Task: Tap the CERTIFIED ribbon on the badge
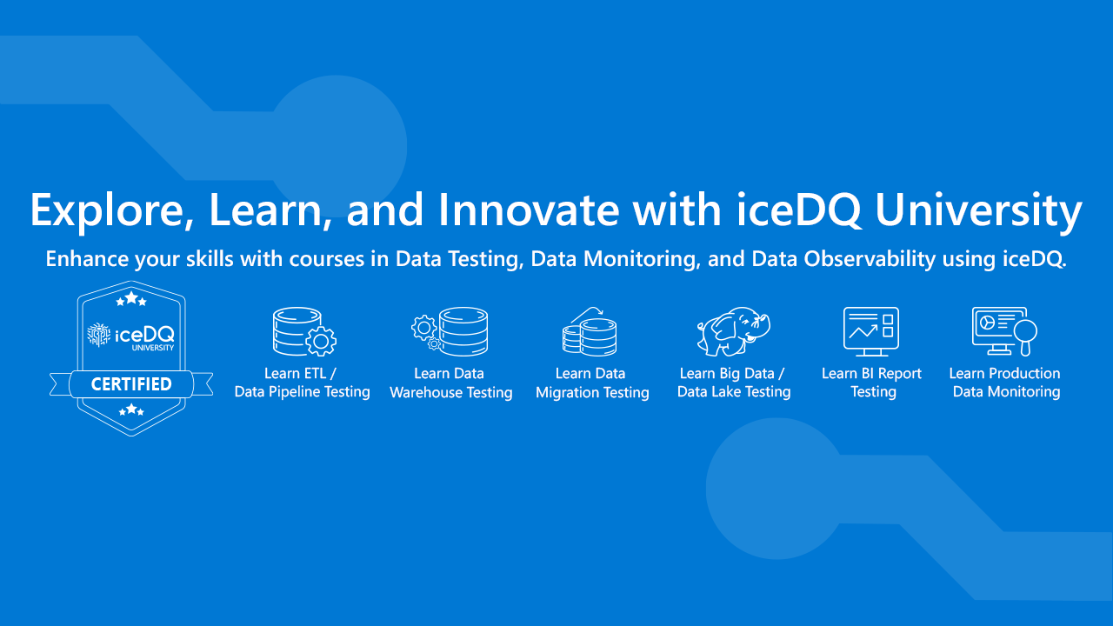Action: click(x=131, y=383)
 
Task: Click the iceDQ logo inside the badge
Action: click(x=131, y=335)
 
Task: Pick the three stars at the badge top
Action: click(x=131, y=299)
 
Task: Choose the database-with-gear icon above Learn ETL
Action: click(x=303, y=331)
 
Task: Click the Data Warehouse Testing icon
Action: click(x=450, y=331)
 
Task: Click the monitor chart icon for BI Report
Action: click(x=871, y=331)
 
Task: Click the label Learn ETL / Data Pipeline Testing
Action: click(x=303, y=383)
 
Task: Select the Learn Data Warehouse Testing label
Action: click(x=450, y=383)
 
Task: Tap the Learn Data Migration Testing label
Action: click(x=592, y=383)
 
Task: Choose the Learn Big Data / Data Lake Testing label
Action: click(x=733, y=383)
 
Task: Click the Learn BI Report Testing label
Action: click(x=872, y=383)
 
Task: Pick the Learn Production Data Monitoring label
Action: click(x=1005, y=383)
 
